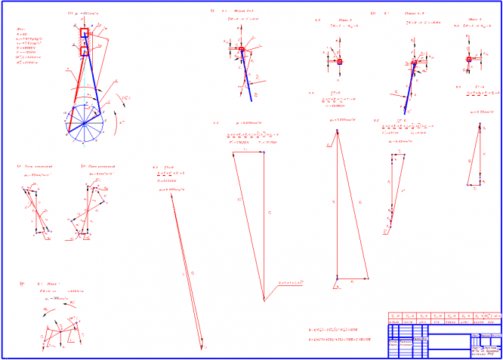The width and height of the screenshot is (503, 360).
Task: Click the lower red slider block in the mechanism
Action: pos(84,51)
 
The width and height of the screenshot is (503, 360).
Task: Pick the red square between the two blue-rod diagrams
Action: pos(340,61)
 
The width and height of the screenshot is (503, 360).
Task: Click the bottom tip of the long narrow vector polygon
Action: pos(202,349)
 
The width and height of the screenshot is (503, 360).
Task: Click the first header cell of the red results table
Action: pos(393,316)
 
